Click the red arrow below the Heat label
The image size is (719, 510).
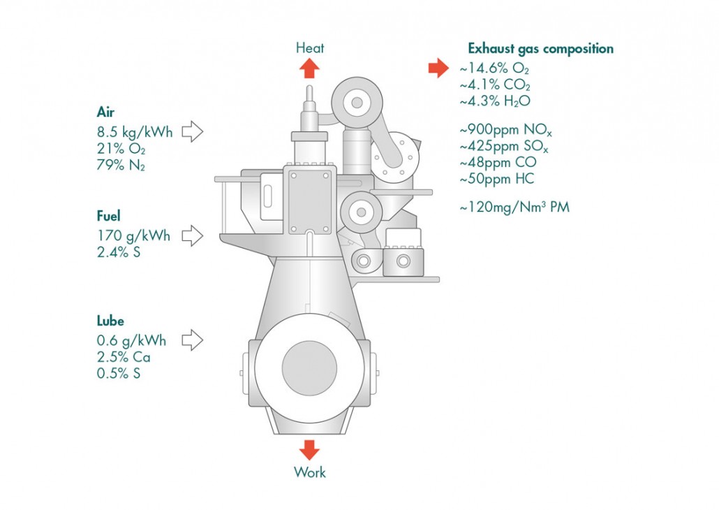click(x=309, y=69)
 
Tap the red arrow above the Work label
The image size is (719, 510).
click(x=309, y=450)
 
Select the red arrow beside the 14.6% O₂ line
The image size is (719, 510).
click(x=438, y=68)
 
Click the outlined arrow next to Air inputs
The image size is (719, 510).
click(x=193, y=132)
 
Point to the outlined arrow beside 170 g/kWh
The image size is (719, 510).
click(x=193, y=236)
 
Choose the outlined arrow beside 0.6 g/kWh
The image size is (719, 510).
click(x=193, y=340)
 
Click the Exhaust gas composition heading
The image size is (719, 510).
click(x=540, y=49)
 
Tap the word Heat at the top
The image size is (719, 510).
click(x=310, y=48)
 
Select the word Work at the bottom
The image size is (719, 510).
click(x=310, y=472)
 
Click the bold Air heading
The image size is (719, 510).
click(x=105, y=112)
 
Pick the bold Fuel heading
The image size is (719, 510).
click(x=108, y=216)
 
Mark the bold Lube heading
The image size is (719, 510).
click(x=110, y=321)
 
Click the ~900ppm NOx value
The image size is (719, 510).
click(x=506, y=131)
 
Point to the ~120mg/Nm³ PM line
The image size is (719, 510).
click(x=514, y=207)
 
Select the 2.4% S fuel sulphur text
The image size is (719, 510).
click(x=119, y=252)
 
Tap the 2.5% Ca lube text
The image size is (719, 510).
click(x=124, y=357)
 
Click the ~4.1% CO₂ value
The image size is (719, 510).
click(x=495, y=85)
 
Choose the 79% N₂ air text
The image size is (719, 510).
click(x=121, y=165)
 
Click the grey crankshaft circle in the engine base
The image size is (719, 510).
click(x=309, y=368)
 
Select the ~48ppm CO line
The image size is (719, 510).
click(x=498, y=162)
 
